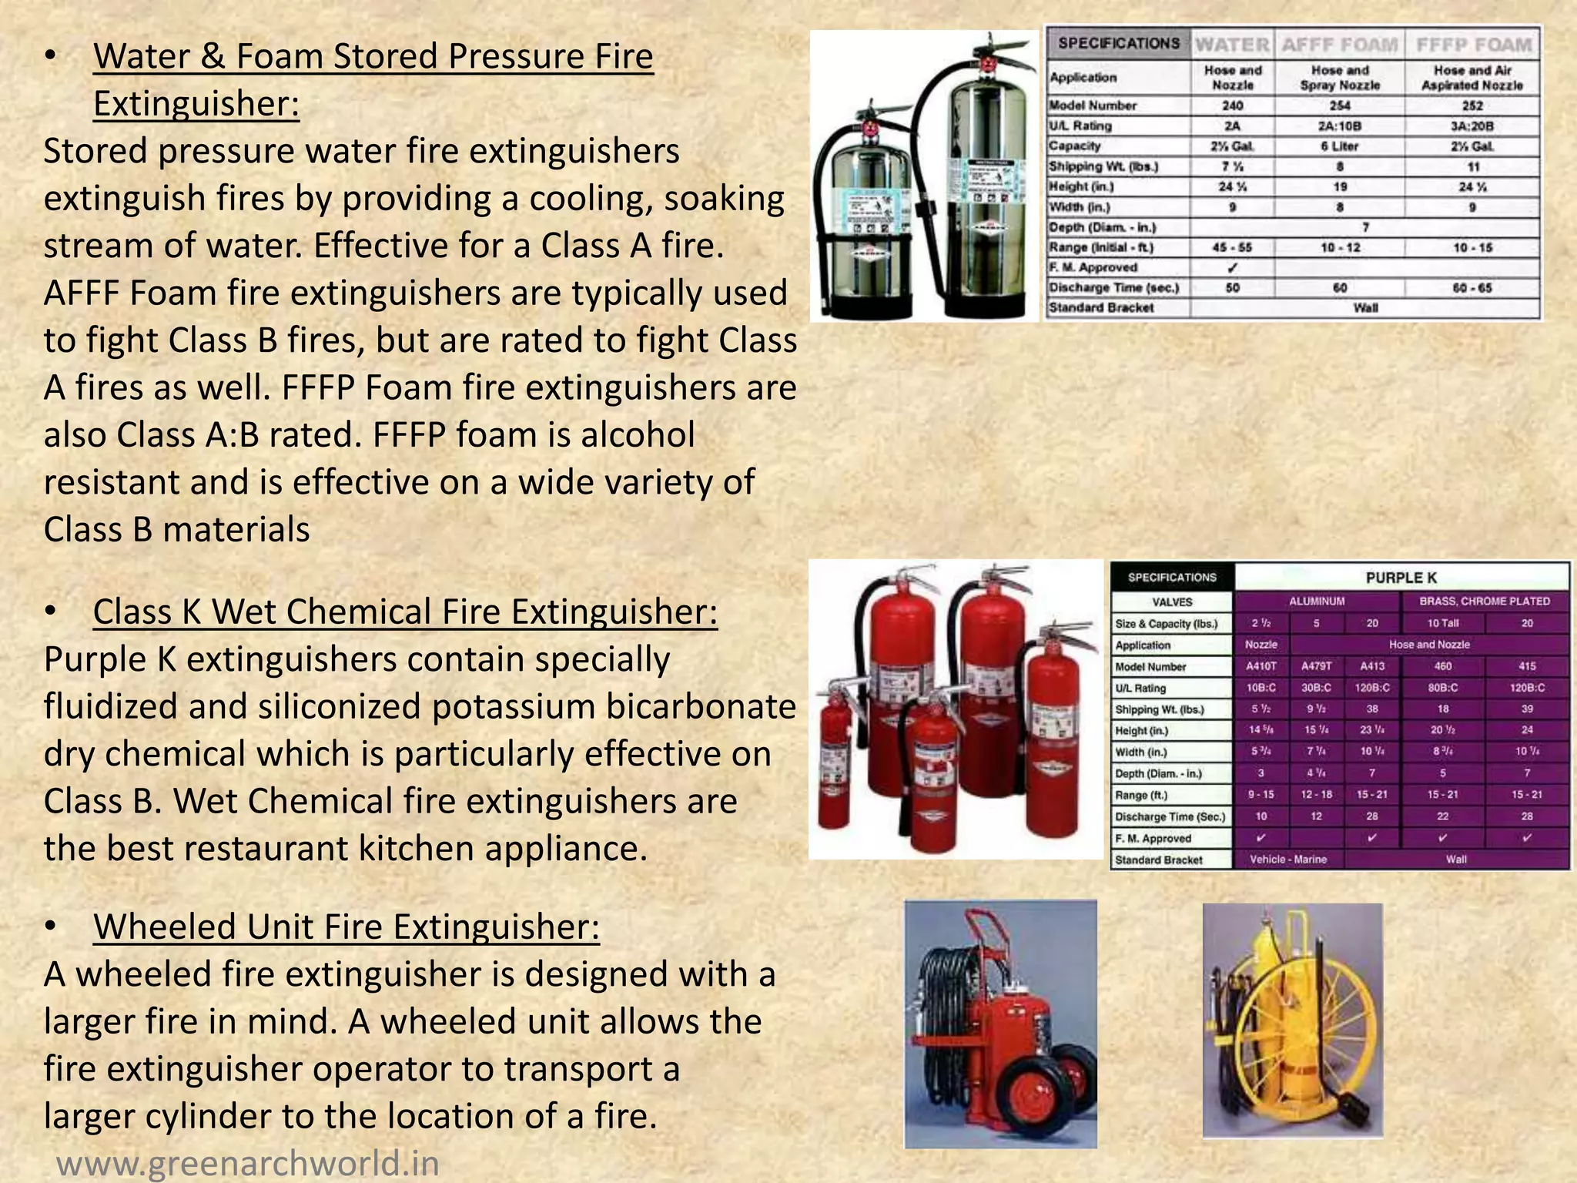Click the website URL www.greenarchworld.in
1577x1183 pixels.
point(248,1162)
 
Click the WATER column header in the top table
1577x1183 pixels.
point(1232,45)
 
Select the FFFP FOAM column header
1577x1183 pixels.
point(1473,45)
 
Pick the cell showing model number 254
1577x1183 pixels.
point(1340,106)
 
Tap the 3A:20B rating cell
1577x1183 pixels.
point(1472,126)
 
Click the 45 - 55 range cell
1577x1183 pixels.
point(1232,247)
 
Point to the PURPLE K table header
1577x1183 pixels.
point(1401,578)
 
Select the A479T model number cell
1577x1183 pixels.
point(1316,666)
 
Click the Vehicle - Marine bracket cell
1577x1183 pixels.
point(1287,859)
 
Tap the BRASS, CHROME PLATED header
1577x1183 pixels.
point(1484,601)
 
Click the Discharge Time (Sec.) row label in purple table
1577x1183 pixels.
point(1170,816)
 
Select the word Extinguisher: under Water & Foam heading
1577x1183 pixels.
point(196,104)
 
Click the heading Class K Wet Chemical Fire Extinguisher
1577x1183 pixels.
point(405,612)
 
